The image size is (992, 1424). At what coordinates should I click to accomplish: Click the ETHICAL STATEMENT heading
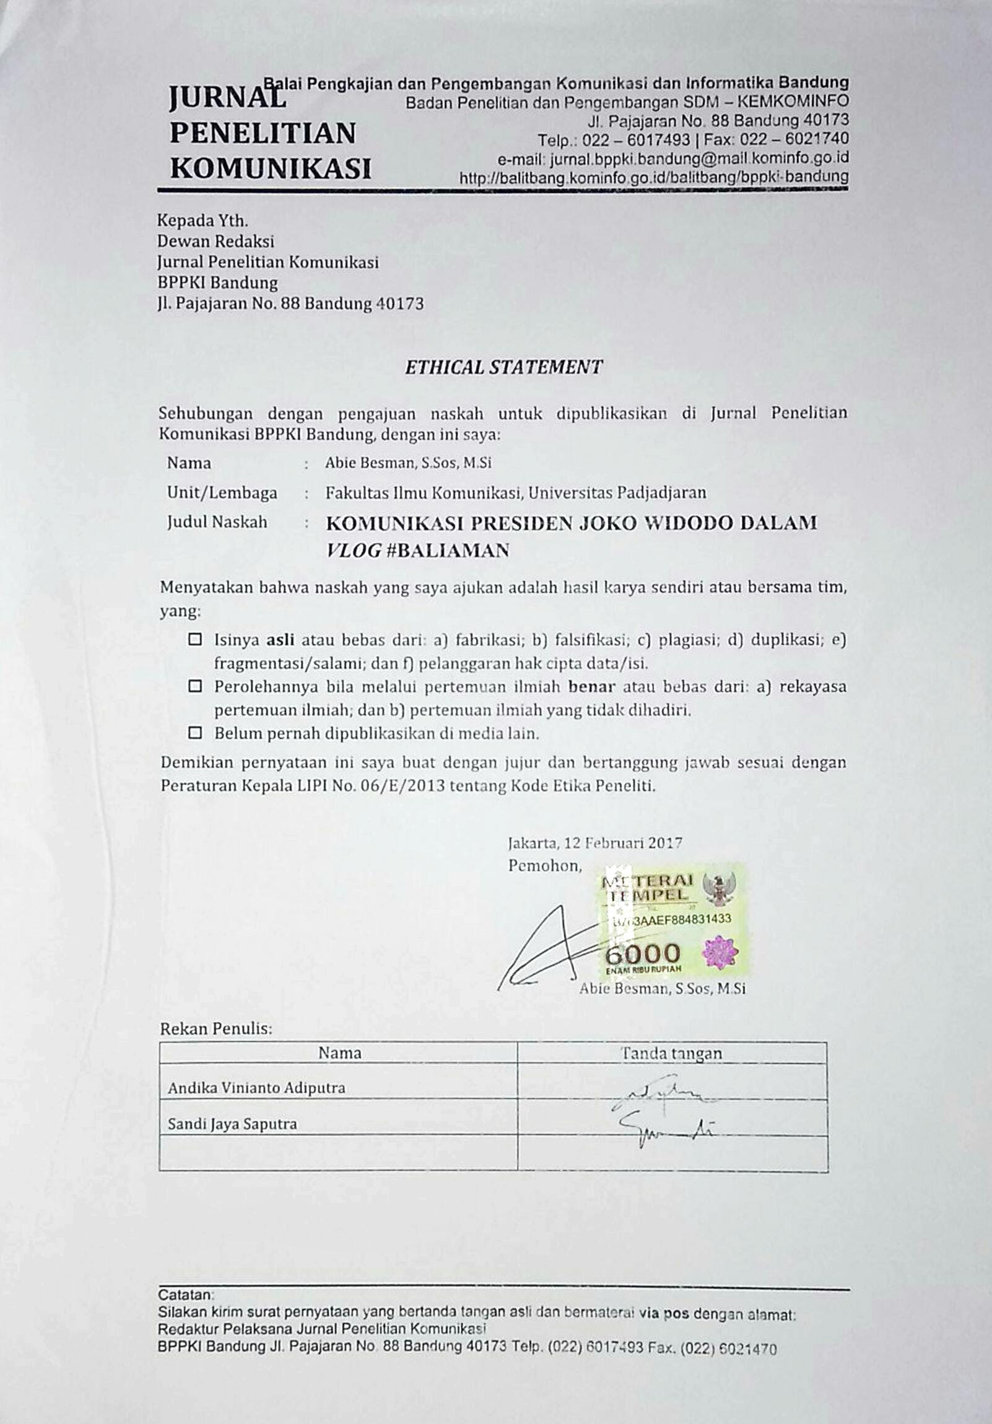point(503,367)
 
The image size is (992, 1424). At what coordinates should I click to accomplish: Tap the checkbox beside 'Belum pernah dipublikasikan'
point(195,733)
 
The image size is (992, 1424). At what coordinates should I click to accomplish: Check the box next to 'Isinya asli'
point(195,639)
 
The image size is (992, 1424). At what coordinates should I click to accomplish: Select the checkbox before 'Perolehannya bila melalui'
point(195,686)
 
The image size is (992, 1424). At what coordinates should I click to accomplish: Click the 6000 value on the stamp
point(642,953)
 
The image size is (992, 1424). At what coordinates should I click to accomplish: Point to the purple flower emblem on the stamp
point(718,953)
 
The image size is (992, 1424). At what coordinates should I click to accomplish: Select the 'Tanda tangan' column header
point(671,1052)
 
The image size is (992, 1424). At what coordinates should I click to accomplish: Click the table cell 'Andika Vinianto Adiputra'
point(257,1087)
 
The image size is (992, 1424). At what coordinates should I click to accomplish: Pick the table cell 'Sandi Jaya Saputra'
point(232,1123)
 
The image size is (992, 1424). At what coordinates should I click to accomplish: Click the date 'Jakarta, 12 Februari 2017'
point(594,843)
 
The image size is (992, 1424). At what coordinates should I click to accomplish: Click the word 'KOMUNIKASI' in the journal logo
point(271,168)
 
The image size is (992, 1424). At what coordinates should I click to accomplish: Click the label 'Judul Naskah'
point(217,522)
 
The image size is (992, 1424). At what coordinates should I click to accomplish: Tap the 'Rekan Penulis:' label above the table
point(215,1028)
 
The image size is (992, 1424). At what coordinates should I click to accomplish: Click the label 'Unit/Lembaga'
point(222,492)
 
